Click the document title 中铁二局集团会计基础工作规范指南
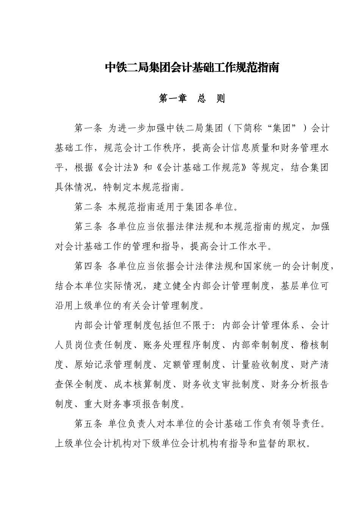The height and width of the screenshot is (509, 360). point(192,68)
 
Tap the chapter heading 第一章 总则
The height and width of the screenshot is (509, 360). point(192,98)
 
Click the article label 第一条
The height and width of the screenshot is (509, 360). point(88,128)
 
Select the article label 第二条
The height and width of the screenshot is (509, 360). point(88,207)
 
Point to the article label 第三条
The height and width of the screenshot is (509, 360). point(88,226)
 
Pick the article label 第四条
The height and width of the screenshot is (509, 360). point(88,266)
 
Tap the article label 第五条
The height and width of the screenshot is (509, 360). point(88,423)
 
